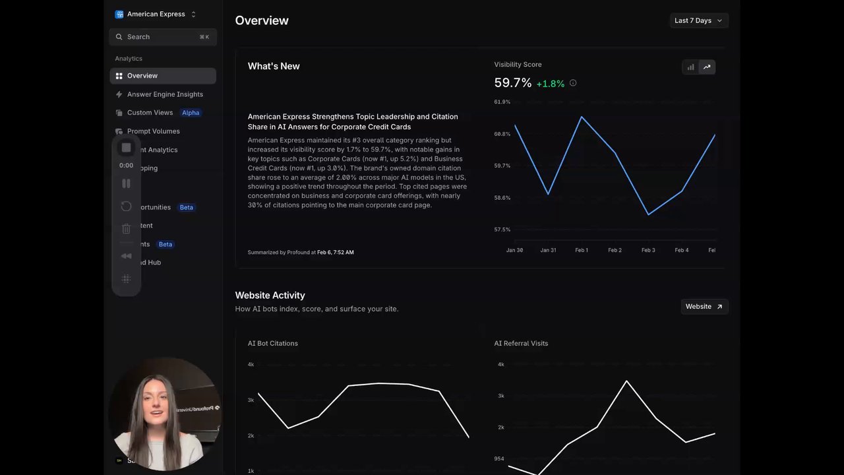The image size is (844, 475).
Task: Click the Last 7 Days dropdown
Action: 698,20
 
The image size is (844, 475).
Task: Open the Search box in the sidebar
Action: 162,37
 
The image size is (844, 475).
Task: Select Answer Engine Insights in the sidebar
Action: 165,94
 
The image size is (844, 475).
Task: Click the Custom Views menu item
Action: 150,113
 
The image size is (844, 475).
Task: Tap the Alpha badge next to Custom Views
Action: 191,113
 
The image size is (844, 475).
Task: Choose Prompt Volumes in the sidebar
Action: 153,131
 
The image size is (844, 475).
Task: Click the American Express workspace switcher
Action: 156,14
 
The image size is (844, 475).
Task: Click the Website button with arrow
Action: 704,307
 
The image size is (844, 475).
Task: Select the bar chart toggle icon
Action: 690,67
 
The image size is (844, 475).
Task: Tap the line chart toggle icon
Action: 707,67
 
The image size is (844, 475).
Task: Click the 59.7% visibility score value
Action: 512,83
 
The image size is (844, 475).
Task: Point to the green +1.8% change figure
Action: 550,84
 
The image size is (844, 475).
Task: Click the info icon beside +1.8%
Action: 573,83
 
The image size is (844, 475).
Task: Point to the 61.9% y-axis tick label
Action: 502,102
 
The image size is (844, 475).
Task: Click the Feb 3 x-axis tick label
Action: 648,251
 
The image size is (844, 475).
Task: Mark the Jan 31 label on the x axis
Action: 548,251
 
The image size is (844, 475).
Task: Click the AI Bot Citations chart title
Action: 273,344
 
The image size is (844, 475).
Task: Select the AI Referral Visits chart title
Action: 521,344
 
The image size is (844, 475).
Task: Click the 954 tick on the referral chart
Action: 499,459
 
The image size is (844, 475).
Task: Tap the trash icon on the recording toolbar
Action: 127,229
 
